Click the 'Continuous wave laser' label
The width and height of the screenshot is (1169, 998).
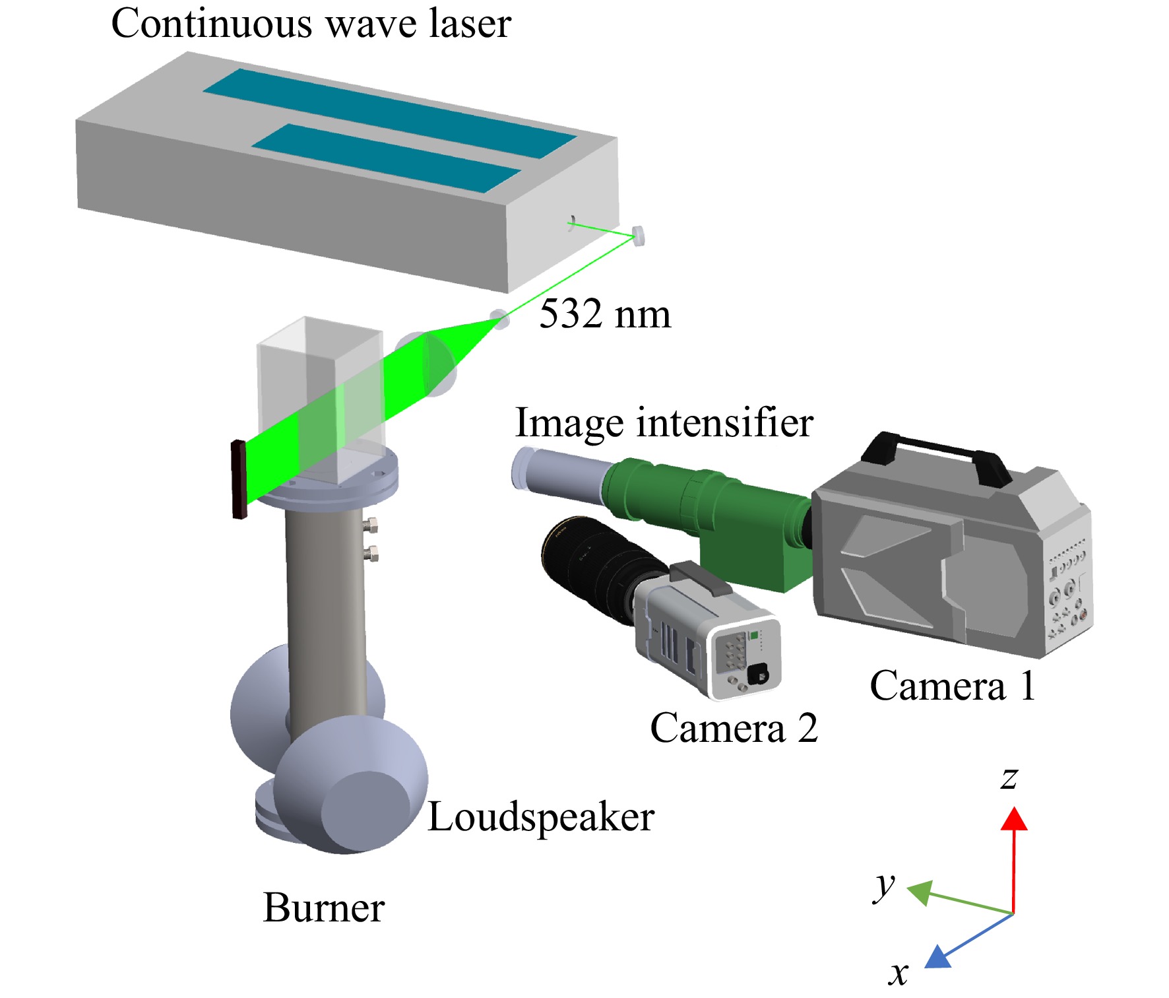click(311, 24)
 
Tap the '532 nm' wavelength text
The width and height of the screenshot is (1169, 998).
click(605, 314)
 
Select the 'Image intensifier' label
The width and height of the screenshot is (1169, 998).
click(664, 423)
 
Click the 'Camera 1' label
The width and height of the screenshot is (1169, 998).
click(952, 686)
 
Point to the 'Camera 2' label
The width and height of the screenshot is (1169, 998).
click(734, 728)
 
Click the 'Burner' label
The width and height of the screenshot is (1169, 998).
click(324, 908)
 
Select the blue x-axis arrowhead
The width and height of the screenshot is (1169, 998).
click(937, 958)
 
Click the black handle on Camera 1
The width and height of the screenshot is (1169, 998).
click(935, 455)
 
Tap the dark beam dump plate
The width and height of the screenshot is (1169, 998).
click(239, 480)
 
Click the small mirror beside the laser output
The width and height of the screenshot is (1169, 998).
click(638, 236)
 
